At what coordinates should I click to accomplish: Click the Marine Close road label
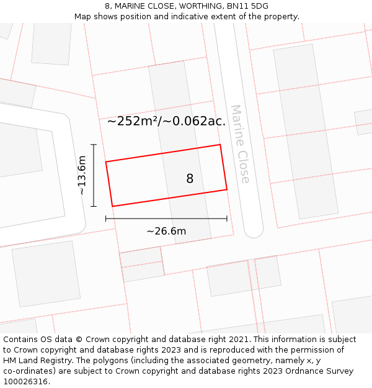tap(240, 143)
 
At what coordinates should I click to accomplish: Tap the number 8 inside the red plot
tap(190, 179)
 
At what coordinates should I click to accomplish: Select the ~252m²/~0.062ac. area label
tap(166, 121)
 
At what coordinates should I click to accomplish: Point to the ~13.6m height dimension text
tap(82, 175)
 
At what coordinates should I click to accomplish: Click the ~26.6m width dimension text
tap(166, 232)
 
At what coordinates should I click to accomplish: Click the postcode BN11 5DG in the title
tap(247, 6)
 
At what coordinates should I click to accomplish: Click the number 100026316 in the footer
tap(25, 382)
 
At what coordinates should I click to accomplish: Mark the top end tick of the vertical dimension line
tap(94, 145)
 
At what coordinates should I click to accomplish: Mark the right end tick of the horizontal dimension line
tap(227, 219)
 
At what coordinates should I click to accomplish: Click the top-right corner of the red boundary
tap(220, 145)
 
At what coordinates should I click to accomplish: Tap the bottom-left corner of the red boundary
tap(112, 206)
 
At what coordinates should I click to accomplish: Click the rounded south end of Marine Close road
tap(254, 231)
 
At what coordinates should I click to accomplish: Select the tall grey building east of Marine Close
tap(305, 130)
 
